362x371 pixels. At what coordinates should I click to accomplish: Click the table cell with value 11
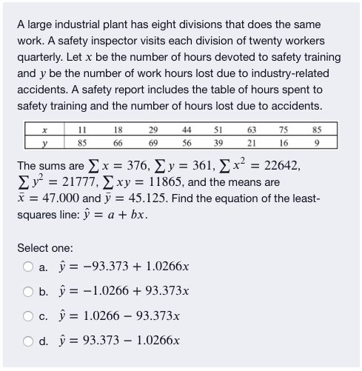(82, 129)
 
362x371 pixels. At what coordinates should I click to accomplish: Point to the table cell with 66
(117, 141)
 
